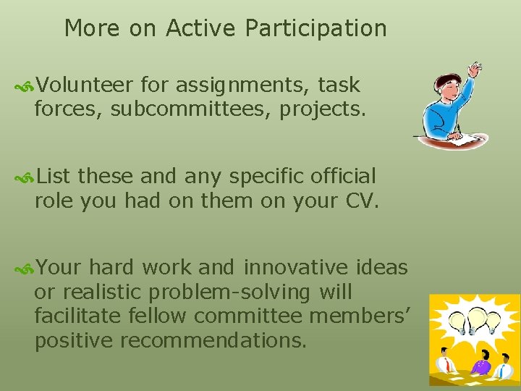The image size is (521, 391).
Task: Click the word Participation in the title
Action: (x=315, y=29)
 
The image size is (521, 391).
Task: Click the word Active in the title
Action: (x=202, y=29)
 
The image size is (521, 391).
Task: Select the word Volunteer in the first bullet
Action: (x=85, y=85)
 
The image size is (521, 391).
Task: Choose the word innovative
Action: (x=296, y=268)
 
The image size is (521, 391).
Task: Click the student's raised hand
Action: (x=474, y=70)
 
